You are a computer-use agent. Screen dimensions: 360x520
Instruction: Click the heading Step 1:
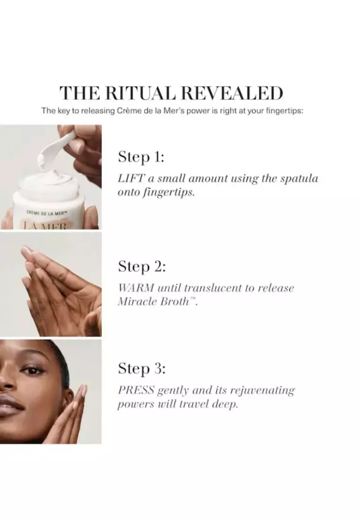click(x=141, y=157)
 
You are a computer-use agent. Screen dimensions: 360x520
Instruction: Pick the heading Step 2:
click(x=142, y=267)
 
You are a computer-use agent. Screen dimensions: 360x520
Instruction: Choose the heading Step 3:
click(x=142, y=369)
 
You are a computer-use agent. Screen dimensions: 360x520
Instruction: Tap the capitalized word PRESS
click(x=136, y=390)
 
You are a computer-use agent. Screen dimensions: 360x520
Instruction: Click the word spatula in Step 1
click(x=299, y=179)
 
